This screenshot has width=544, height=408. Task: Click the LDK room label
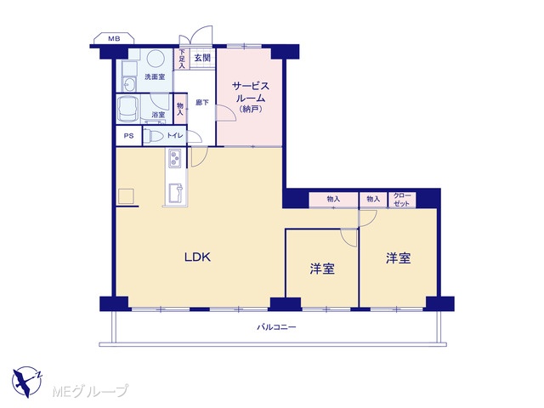click(x=197, y=257)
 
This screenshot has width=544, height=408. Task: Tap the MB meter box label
click(x=114, y=39)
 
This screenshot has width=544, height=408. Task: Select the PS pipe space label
click(x=128, y=136)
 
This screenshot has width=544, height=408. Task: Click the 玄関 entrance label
click(x=202, y=58)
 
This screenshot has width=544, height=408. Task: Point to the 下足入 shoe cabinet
click(x=181, y=59)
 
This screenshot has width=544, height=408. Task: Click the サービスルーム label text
click(x=251, y=92)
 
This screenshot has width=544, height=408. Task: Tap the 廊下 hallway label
click(x=202, y=102)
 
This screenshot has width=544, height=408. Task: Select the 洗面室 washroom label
click(x=155, y=76)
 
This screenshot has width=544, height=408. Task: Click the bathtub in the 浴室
click(x=128, y=110)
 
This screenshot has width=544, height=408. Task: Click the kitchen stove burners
click(x=174, y=159)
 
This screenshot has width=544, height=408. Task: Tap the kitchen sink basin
click(x=176, y=193)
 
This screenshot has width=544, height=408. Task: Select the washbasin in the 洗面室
click(x=130, y=83)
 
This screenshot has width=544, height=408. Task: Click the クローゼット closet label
click(x=402, y=200)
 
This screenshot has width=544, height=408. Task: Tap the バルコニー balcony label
click(x=276, y=326)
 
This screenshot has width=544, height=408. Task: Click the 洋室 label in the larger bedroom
click(x=399, y=258)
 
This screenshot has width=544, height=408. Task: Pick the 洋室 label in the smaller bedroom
click(x=322, y=269)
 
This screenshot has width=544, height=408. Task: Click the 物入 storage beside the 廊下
click(x=180, y=109)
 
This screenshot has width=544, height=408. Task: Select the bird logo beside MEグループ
click(x=27, y=382)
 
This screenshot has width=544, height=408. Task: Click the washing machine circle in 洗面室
click(x=155, y=59)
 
